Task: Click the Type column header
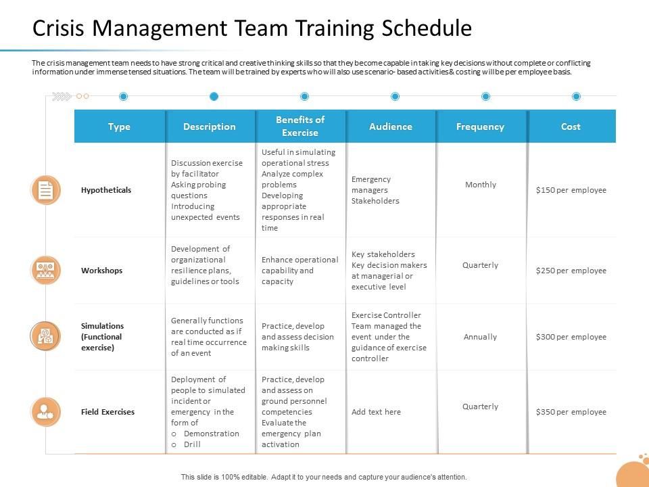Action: click(x=119, y=126)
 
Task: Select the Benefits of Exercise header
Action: click(x=300, y=126)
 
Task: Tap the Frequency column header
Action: click(x=480, y=126)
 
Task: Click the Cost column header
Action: click(x=571, y=126)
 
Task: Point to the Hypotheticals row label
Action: click(x=106, y=190)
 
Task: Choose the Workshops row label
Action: click(x=102, y=271)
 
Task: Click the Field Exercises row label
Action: click(x=107, y=412)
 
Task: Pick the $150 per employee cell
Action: click(x=571, y=190)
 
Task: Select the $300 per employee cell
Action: click(x=571, y=337)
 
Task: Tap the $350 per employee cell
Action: click(x=571, y=412)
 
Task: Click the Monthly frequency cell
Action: click(x=481, y=185)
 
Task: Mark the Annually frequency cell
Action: click(x=481, y=337)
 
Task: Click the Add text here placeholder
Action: click(x=376, y=412)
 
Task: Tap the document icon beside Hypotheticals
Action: click(x=45, y=190)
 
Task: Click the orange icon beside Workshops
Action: click(x=45, y=271)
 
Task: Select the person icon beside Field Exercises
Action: click(x=45, y=412)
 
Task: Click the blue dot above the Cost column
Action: click(x=576, y=97)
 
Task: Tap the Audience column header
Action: click(x=391, y=126)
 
